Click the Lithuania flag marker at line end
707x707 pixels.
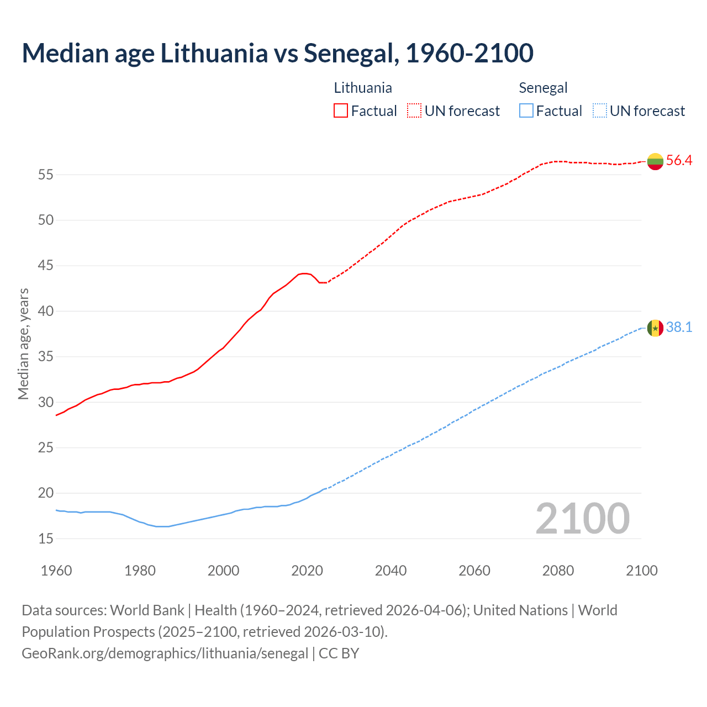pyautogui.click(x=655, y=161)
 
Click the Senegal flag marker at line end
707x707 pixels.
pyautogui.click(x=655, y=328)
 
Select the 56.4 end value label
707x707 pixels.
pyautogui.click(x=679, y=161)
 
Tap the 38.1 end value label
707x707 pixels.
pyautogui.click(x=679, y=328)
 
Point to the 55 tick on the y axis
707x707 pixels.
pyautogui.click(x=45, y=175)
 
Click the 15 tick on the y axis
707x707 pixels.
pyautogui.click(x=45, y=539)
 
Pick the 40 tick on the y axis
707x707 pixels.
pyautogui.click(x=45, y=312)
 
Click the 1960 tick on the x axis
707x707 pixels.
pyautogui.click(x=56, y=571)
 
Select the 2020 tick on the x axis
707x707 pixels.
pyautogui.click(x=307, y=571)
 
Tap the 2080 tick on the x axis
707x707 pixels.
pyautogui.click(x=558, y=571)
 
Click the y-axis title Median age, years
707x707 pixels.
pyautogui.click(x=23, y=344)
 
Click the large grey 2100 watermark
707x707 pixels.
pyautogui.click(x=582, y=518)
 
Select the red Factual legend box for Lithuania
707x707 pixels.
pyautogui.click(x=341, y=111)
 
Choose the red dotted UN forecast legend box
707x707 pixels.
pyautogui.click(x=414, y=111)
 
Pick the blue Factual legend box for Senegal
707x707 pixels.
pyautogui.click(x=526, y=111)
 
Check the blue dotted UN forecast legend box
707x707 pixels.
pyautogui.click(x=599, y=111)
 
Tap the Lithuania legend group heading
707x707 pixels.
pyautogui.click(x=363, y=88)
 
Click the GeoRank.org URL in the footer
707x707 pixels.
pyautogui.click(x=165, y=653)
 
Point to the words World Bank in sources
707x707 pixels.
pyautogui.click(x=147, y=610)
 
